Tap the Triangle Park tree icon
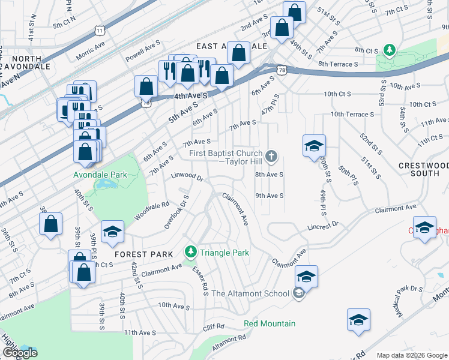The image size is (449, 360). pos(190,250)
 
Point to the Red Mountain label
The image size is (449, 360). pos(270,323)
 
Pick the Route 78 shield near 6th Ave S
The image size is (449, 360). pos(282,70)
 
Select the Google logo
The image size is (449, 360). pos(20,353)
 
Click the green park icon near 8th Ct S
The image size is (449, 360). pos(390,50)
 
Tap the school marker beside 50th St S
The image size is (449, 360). pos(314,146)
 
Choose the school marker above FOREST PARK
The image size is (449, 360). pos(112,233)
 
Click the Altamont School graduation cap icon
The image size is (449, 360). pos(298,293)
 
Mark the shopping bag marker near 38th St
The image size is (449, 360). pos(52,224)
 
